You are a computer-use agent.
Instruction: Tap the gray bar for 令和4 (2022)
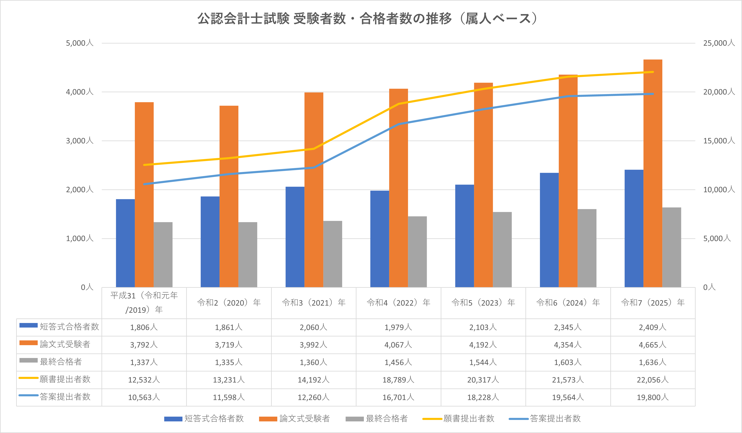417,252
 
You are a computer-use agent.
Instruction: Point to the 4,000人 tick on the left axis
80,92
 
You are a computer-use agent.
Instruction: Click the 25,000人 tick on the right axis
718,43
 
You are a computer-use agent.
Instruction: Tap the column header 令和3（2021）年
314,302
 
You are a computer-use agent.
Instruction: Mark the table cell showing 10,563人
144,397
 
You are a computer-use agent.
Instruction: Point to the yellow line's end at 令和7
653,72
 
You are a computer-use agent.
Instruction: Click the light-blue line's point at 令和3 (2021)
314,168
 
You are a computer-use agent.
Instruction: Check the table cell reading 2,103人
483,327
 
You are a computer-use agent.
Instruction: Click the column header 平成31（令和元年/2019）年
144,302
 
